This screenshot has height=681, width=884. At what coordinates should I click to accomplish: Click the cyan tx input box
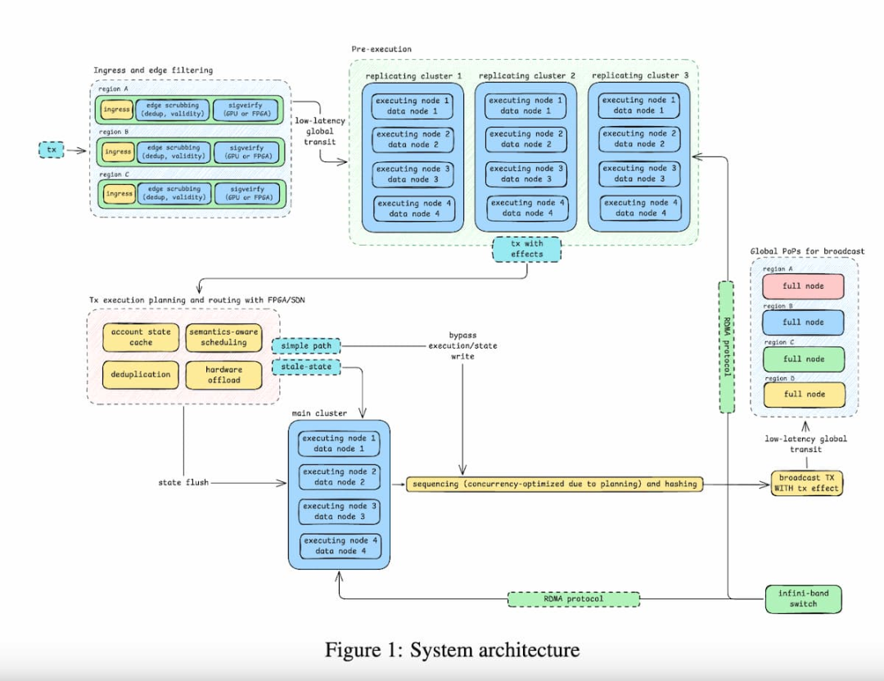coord(51,150)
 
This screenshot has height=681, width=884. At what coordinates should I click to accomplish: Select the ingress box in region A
coord(117,109)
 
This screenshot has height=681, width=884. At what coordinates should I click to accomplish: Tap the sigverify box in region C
coord(246,194)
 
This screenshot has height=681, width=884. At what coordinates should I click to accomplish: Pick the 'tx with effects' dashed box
coord(528,249)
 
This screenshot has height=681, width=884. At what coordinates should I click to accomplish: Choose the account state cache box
coord(141,337)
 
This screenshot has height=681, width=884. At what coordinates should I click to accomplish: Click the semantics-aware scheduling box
coord(218,337)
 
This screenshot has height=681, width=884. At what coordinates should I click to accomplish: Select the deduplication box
coord(141,375)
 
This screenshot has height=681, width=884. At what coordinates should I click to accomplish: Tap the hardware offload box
coord(218,375)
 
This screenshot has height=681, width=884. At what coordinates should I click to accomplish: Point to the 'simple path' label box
coord(305,346)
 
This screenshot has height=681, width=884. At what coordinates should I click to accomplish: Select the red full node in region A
coord(803,287)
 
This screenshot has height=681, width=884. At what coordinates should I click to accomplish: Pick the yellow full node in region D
coord(803,395)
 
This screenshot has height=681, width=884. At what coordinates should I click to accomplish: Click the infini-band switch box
coord(803,599)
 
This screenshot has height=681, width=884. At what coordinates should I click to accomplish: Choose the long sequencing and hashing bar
coord(555,484)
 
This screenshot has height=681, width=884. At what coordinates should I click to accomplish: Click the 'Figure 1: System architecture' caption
coord(452,650)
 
